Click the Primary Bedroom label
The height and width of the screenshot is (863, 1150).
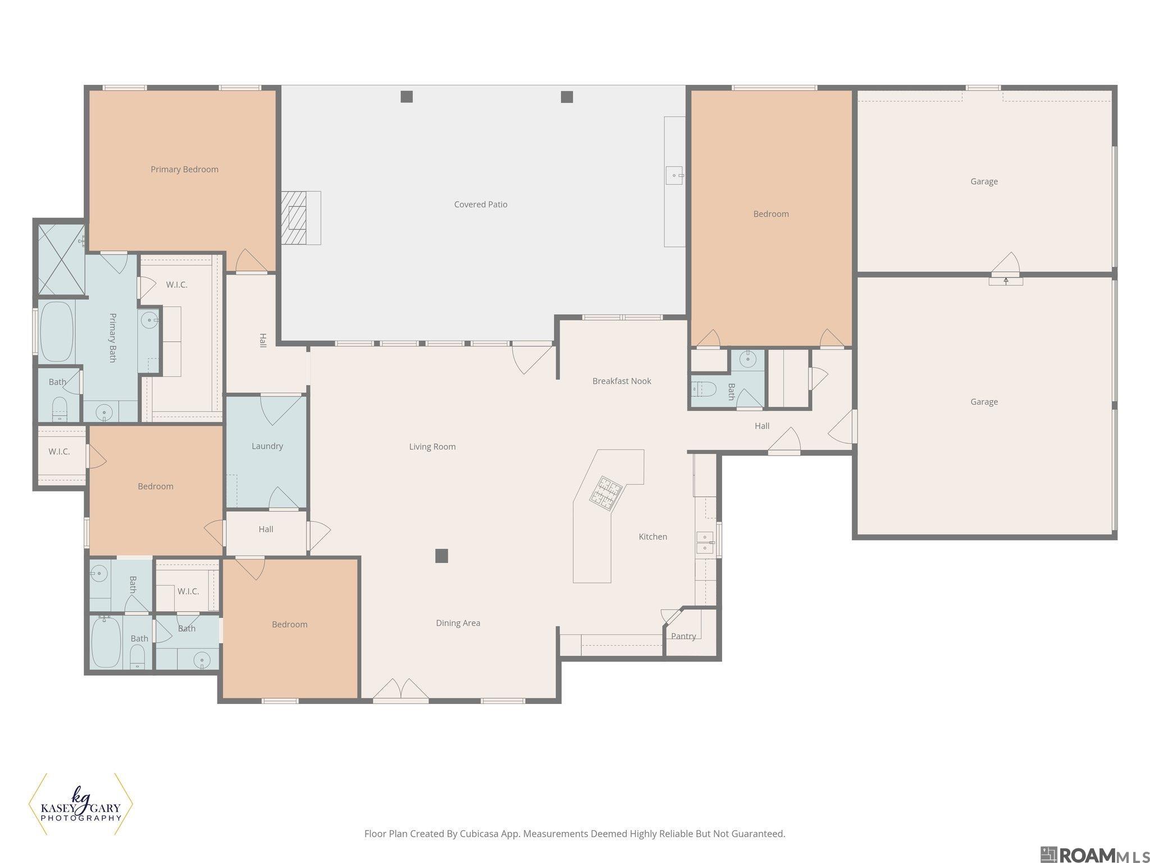point(184,169)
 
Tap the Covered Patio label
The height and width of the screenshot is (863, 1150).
point(481,205)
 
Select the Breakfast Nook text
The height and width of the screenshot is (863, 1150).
point(622,381)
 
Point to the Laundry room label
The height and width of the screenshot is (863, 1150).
point(267,446)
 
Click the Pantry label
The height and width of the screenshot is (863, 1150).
point(683,636)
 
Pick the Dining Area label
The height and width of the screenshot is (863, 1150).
point(458,623)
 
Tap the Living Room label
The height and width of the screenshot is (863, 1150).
point(432,447)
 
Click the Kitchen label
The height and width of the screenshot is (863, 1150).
point(653,537)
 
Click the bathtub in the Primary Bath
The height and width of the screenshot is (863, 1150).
point(56,332)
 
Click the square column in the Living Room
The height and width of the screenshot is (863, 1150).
point(442,556)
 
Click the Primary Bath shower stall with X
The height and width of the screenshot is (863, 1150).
point(61,259)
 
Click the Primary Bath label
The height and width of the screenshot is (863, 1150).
point(112,338)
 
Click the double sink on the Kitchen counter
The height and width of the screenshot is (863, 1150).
point(705,542)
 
